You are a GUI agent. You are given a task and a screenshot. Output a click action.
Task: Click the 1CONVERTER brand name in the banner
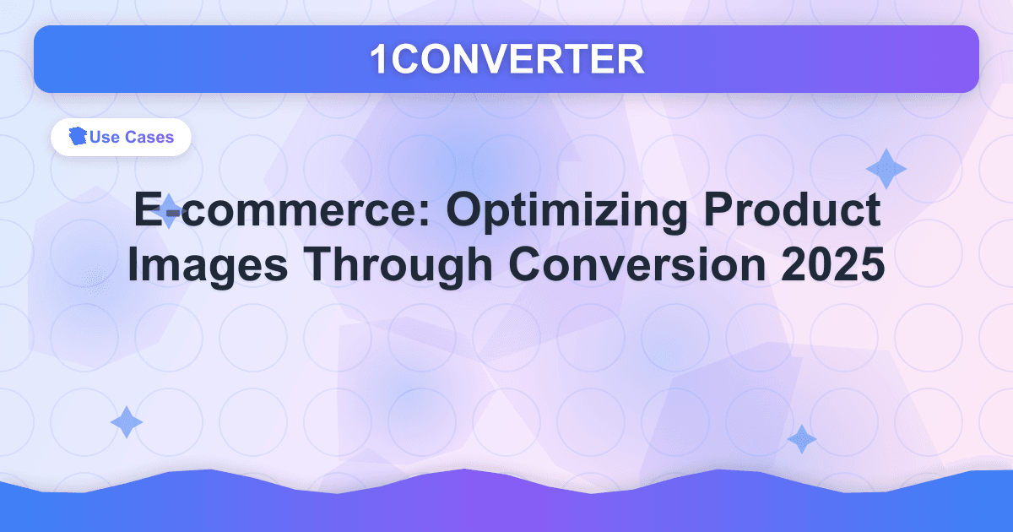pos(506,58)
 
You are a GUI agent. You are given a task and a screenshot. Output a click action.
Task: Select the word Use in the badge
pos(105,138)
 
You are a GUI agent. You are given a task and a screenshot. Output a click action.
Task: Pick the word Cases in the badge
pos(150,138)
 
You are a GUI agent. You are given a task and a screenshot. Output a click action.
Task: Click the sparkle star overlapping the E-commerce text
pos(170,210)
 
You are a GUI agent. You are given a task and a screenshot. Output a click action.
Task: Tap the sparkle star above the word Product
pos(886,169)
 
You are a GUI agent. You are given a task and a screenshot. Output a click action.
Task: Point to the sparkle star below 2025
pos(801,439)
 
